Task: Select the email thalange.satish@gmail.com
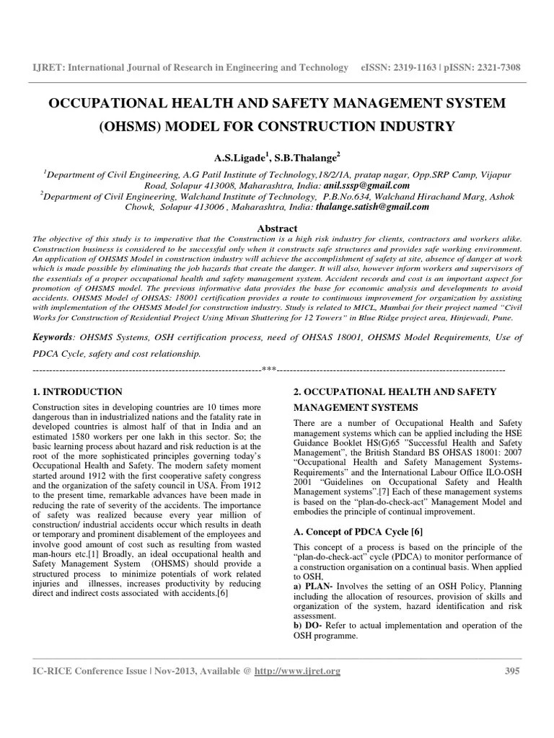[372, 206]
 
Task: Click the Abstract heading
[277, 228]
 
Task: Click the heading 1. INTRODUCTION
[78, 391]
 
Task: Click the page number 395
[511, 672]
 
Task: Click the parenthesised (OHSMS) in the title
[133, 128]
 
